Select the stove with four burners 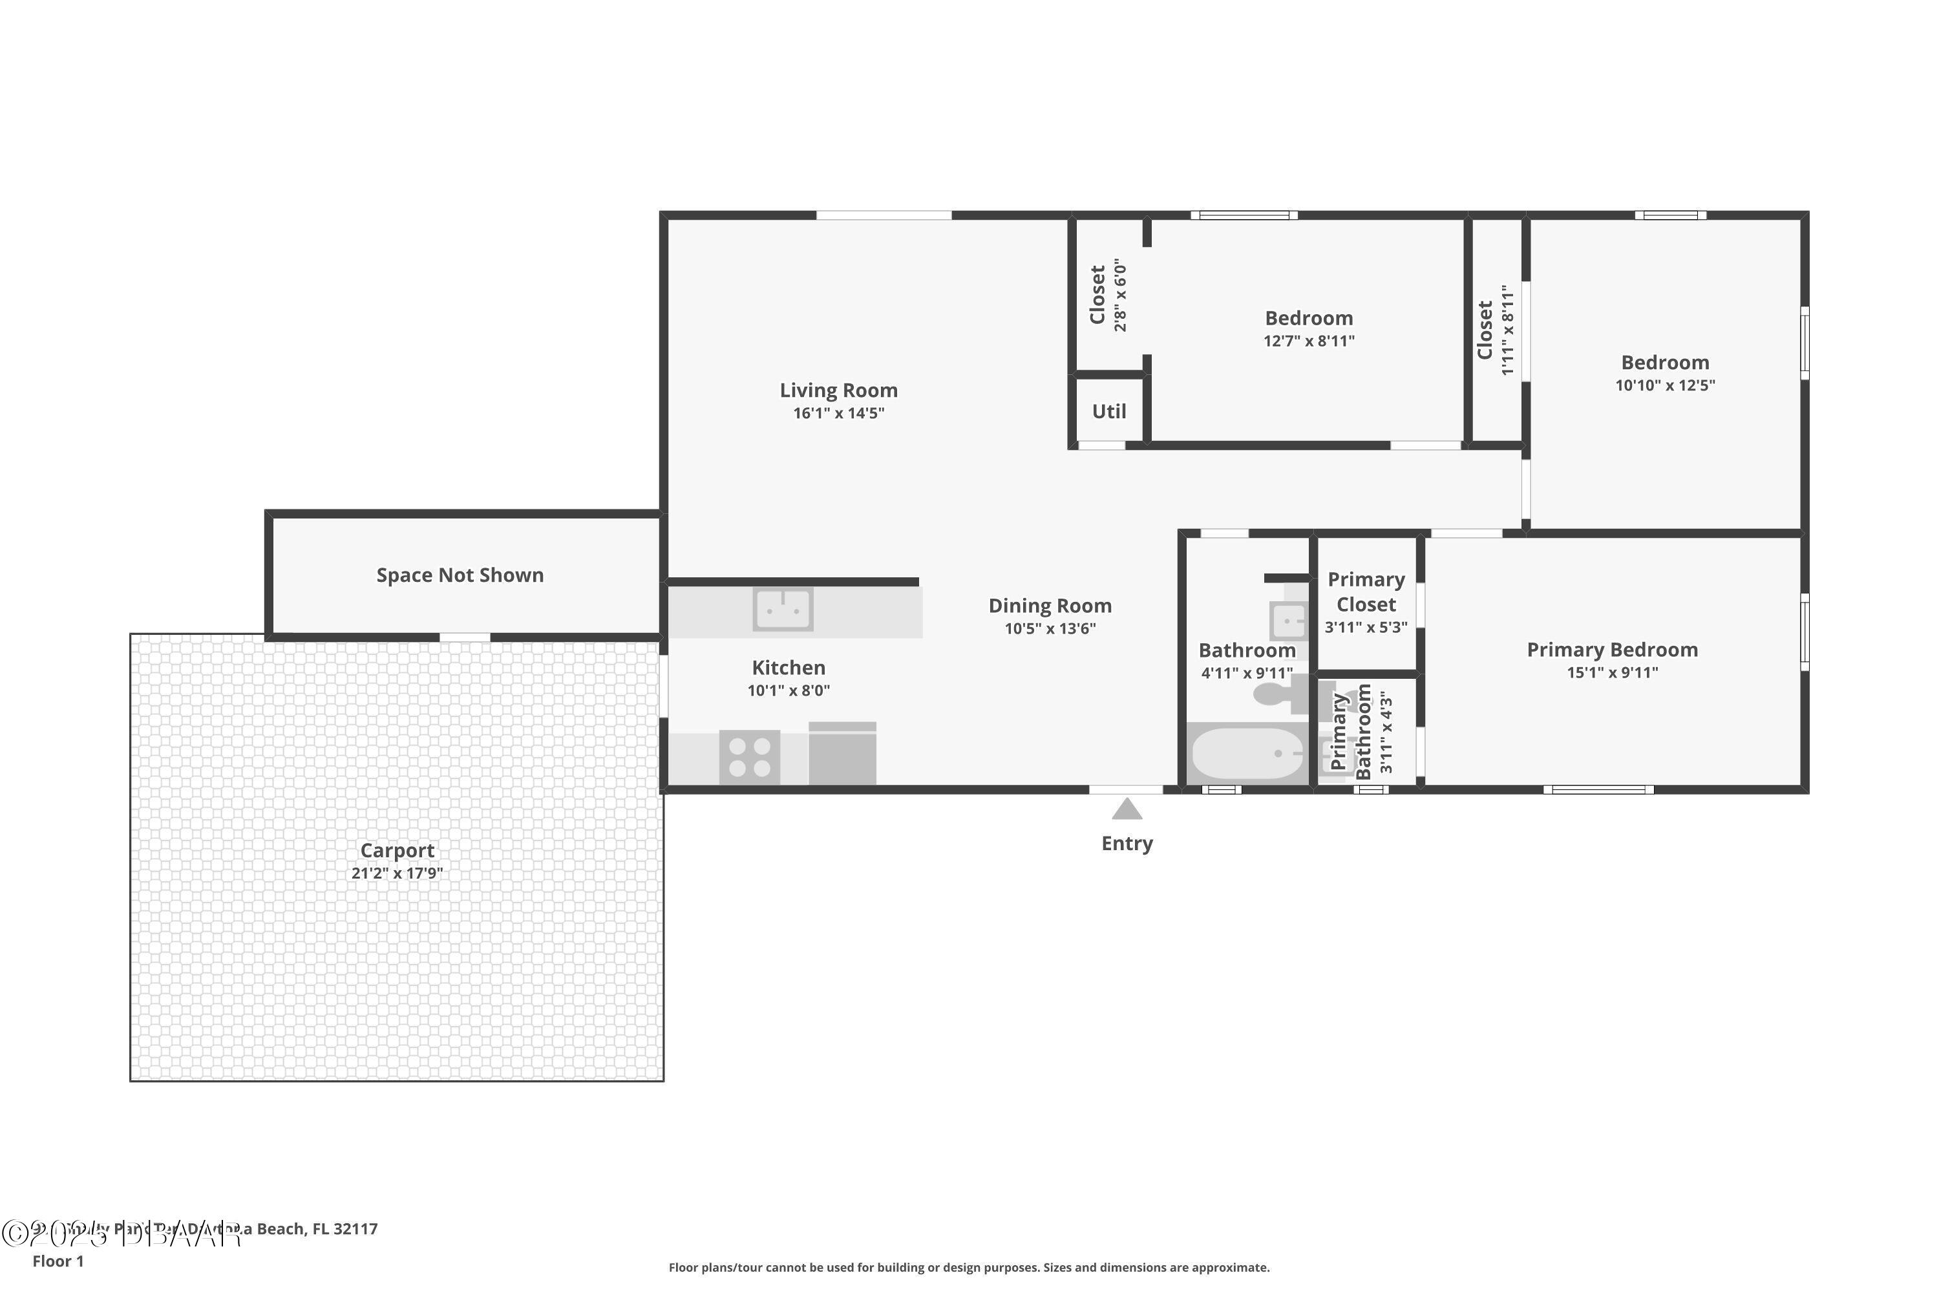749,757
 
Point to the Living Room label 838,390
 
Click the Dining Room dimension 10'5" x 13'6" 1050,629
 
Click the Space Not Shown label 460,575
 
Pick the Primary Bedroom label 1612,650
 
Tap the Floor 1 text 58,1261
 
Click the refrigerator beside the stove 842,754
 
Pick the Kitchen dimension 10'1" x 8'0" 788,691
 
